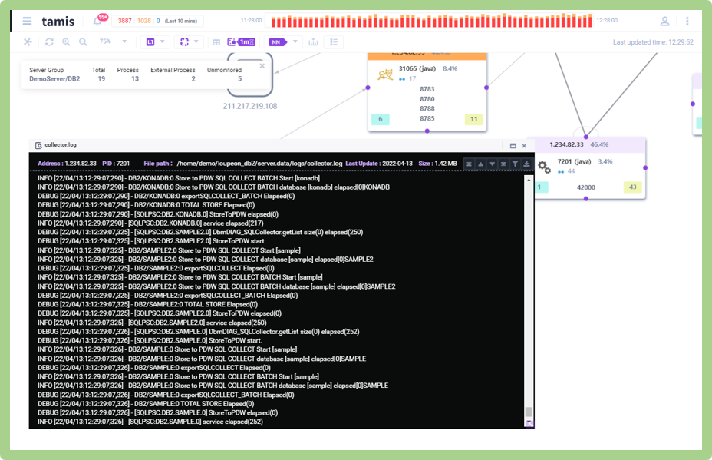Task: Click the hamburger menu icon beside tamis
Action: coord(28,22)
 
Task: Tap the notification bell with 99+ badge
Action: coord(97,22)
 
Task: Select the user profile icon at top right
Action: coord(664,22)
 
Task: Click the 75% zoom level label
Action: coord(105,41)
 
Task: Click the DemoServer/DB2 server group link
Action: coord(54,79)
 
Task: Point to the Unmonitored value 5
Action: coord(239,79)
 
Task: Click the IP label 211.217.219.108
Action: coord(250,106)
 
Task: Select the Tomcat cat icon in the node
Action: coord(385,74)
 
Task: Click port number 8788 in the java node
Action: coord(427,109)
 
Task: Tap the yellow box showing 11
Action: coord(473,119)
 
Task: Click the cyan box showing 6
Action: coord(380,119)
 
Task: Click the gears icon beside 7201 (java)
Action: coord(544,167)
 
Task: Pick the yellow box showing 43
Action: coord(633,187)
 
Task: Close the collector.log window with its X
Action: coord(525,145)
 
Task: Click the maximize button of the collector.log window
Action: coord(513,145)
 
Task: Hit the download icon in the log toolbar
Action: coord(527,164)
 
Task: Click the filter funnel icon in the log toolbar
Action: coord(516,164)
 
